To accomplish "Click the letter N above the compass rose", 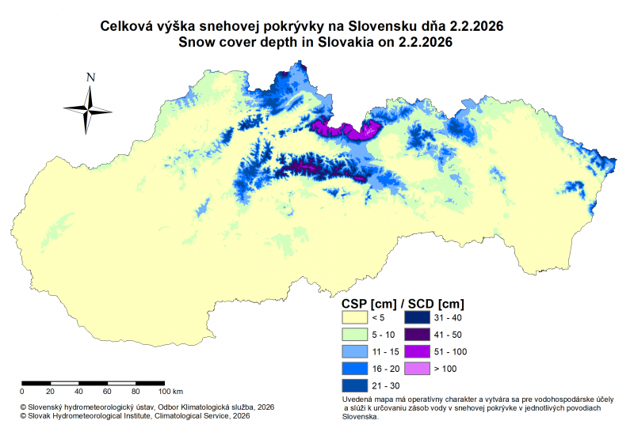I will pyautogui.click(x=91, y=78).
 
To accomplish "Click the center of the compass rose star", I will pyautogui.click(x=90, y=109).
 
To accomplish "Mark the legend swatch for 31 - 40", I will pyautogui.click(x=419, y=317).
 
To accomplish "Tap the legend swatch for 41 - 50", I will pyautogui.click(x=419, y=335).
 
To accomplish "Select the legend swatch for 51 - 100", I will pyautogui.click(x=419, y=352).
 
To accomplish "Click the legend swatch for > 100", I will pyautogui.click(x=419, y=369).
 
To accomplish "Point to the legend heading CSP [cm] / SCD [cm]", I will pyautogui.click(x=403, y=303).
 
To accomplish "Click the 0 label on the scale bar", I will pyautogui.click(x=22, y=392).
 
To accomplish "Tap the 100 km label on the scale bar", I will pyautogui.click(x=171, y=392).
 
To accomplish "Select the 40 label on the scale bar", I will pyautogui.click(x=78, y=392).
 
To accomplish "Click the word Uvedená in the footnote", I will pyautogui.click(x=357, y=400).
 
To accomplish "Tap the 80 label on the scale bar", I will pyautogui.click(x=136, y=392).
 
